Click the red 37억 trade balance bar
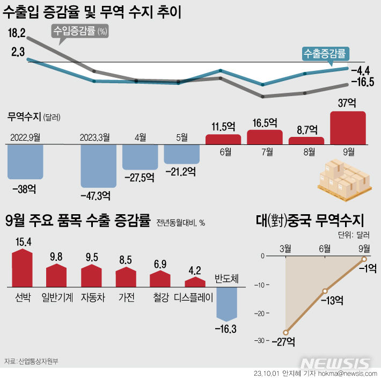pyautogui.click(x=348, y=128)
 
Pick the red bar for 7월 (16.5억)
pyautogui.click(x=265, y=137)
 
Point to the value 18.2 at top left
pyautogui.click(x=17, y=33)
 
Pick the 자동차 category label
pyautogui.click(x=93, y=296)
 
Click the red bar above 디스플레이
pyautogui.click(x=195, y=282)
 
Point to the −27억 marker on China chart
pyautogui.click(x=286, y=332)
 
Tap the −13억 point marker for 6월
pyautogui.click(x=325, y=291)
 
